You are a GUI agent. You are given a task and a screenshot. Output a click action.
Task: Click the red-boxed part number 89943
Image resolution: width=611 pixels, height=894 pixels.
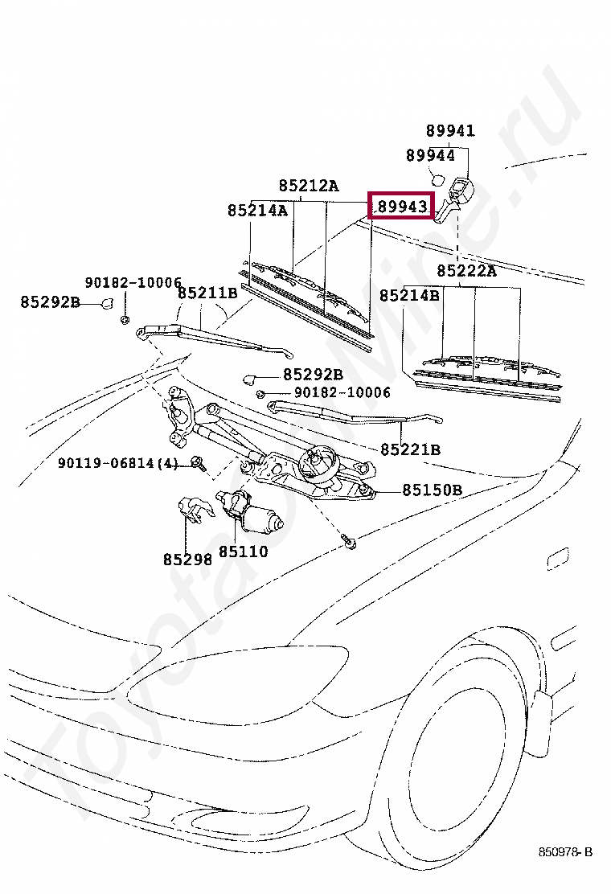(x=401, y=207)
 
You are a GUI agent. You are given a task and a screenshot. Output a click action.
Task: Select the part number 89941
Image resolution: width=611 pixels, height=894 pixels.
(x=450, y=131)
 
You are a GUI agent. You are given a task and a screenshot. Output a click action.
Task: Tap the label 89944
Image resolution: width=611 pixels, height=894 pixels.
(x=430, y=156)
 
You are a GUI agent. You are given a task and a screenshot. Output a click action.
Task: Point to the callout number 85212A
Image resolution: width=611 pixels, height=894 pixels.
(x=309, y=186)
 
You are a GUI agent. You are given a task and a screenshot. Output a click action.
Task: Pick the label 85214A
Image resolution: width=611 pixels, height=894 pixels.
(x=256, y=211)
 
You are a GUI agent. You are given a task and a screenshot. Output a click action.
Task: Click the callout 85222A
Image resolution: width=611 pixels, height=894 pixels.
(x=466, y=271)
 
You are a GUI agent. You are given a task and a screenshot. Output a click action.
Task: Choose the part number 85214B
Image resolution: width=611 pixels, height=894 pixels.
(x=409, y=296)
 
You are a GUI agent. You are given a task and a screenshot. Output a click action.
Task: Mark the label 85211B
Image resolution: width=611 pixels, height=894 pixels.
(x=207, y=293)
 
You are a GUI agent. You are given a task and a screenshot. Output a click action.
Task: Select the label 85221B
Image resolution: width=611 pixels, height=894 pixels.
(x=410, y=449)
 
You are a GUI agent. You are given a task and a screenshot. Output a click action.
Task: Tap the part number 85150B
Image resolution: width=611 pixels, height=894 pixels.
(x=432, y=490)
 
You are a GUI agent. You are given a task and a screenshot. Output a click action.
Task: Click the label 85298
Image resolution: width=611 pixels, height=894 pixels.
(x=187, y=559)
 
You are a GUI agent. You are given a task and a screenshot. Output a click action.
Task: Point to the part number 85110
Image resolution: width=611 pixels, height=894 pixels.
(x=243, y=552)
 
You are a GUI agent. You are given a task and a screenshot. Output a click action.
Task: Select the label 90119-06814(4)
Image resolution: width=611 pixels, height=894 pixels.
(x=117, y=464)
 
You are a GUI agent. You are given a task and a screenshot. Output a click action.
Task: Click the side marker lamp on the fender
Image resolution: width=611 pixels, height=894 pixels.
(x=556, y=559)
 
